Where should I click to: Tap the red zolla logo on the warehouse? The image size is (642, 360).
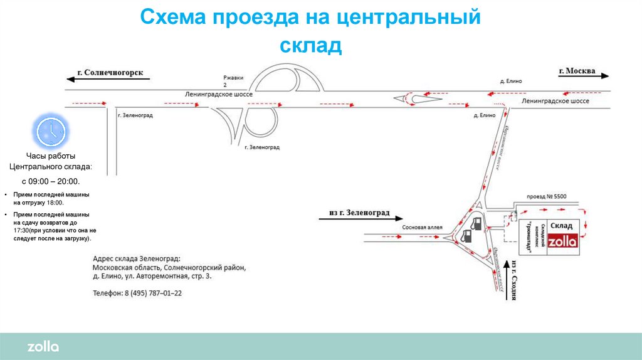click(562, 241)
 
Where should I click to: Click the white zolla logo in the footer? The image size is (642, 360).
click(43, 347)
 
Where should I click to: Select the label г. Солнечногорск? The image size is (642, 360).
click(110, 73)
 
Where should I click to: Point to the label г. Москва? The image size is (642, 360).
click(577, 71)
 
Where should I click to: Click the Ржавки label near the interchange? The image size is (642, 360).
click(233, 78)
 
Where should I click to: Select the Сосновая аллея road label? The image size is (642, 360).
click(423, 227)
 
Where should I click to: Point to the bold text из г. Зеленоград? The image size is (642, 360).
click(359, 213)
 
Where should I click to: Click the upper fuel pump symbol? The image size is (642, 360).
click(476, 223)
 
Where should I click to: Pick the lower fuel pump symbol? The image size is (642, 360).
click(466, 236)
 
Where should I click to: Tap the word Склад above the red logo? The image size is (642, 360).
click(562, 226)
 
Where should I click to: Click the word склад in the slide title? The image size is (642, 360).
click(310, 45)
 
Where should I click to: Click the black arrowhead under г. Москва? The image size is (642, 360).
click(605, 76)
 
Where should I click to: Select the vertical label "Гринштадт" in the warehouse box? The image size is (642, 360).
click(537, 238)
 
